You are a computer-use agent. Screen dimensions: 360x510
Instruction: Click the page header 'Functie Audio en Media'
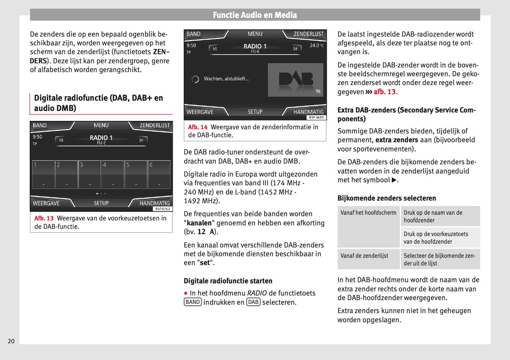tap(255, 15)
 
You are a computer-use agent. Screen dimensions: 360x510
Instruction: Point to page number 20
tap(11, 341)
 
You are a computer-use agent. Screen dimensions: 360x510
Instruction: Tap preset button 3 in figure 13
tap(90, 175)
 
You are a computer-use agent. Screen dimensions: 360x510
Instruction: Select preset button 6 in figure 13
tap(159, 175)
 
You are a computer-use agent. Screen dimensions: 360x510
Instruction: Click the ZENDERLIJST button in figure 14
tap(308, 34)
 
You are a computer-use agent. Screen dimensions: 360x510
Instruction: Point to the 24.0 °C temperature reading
tap(316, 45)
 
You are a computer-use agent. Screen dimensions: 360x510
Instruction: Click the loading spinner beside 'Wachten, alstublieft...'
tap(195, 79)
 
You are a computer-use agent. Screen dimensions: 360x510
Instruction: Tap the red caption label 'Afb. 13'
tap(44, 219)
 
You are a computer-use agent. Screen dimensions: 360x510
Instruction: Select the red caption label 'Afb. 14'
tap(198, 127)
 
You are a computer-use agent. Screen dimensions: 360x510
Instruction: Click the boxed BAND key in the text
tap(192, 302)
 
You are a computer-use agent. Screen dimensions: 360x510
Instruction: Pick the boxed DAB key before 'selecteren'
tap(253, 302)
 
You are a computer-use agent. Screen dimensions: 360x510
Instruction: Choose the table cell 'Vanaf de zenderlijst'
tap(364, 256)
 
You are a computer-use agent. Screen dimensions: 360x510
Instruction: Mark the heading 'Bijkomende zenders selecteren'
tap(387, 198)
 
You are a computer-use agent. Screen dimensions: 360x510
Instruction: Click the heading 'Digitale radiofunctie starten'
tap(228, 281)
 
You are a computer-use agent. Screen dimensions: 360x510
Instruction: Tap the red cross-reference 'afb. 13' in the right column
tap(384, 92)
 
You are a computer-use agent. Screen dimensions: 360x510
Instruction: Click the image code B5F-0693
tap(316, 117)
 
